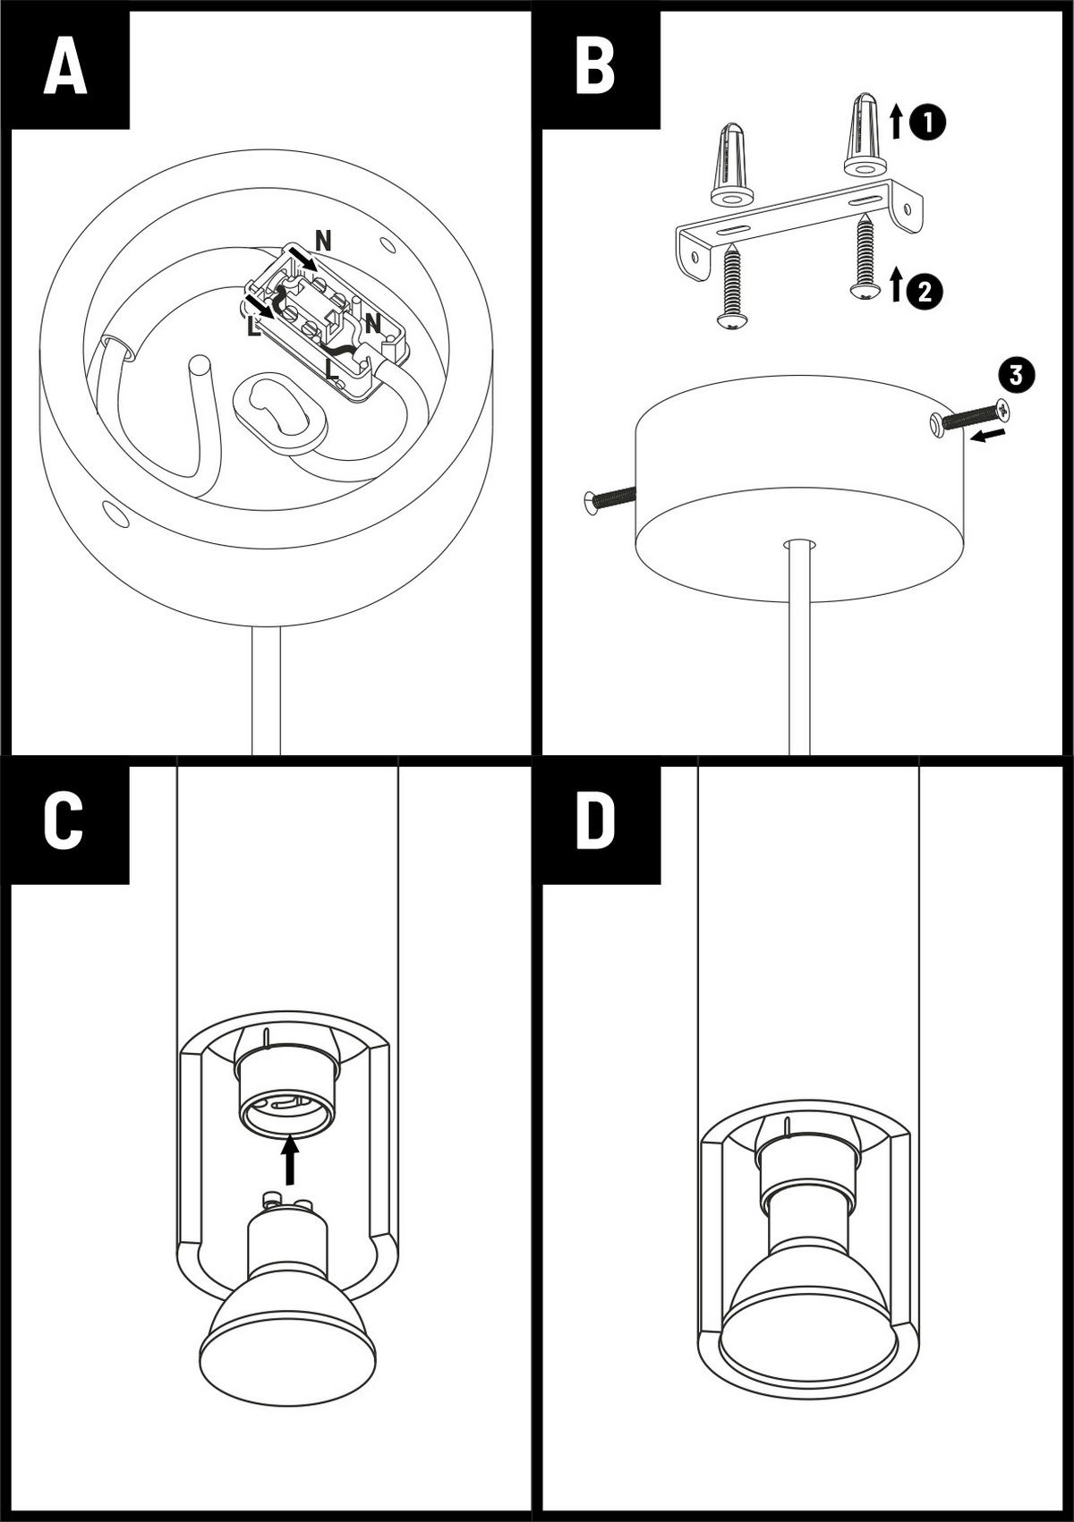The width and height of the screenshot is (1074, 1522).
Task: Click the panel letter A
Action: coord(64,69)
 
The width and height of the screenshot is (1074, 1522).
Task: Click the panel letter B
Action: coord(595,69)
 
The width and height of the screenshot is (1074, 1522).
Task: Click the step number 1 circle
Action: coord(927,122)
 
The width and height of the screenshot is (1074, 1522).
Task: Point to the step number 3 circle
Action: coord(1016,376)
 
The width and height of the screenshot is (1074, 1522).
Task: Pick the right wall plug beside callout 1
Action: coord(865,133)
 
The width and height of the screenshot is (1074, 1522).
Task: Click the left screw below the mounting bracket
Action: coord(731,285)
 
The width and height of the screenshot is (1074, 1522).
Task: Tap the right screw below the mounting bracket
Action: coord(865,256)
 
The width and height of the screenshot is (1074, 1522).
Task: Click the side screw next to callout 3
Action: coord(971,418)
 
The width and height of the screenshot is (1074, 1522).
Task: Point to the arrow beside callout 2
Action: coord(896,285)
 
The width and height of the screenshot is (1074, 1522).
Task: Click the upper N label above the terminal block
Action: coord(323,240)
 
